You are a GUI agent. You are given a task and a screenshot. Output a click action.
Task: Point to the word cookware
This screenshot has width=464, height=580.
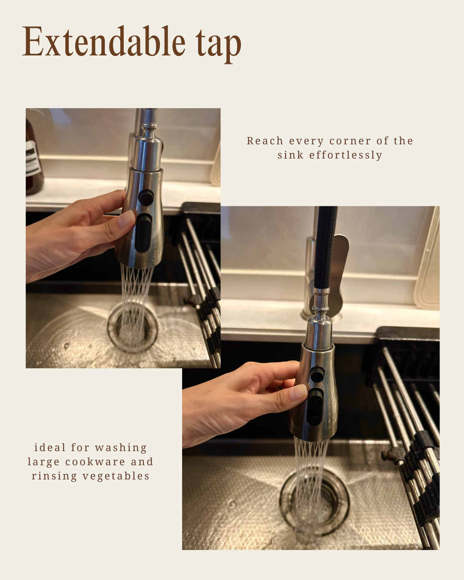point(95,462)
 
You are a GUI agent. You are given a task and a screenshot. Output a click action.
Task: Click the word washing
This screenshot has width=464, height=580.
point(121,448)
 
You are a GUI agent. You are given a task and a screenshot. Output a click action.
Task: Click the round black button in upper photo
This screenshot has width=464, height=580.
point(146,198)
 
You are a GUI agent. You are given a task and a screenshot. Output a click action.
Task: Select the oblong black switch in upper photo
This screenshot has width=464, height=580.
point(143,233)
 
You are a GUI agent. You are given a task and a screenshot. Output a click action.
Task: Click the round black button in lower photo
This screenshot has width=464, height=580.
point(317,374)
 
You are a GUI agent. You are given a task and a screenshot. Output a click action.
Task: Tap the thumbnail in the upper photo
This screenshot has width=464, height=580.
point(126,219)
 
